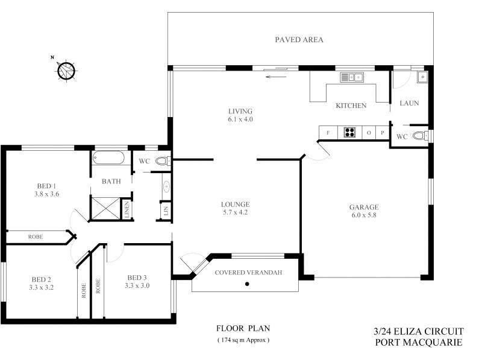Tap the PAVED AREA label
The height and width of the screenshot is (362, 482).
(299, 40)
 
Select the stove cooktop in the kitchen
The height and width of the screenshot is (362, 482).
(349, 132)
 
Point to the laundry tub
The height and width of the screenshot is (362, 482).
(423, 77)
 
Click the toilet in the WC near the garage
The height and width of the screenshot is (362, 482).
(427, 136)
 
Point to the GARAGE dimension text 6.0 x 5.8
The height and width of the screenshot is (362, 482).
(364, 215)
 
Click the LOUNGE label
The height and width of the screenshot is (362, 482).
(234, 204)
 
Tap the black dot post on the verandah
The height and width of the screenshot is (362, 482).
(247, 283)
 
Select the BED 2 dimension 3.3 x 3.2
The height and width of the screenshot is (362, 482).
(42, 287)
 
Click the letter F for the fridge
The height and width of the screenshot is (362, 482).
(328, 132)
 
